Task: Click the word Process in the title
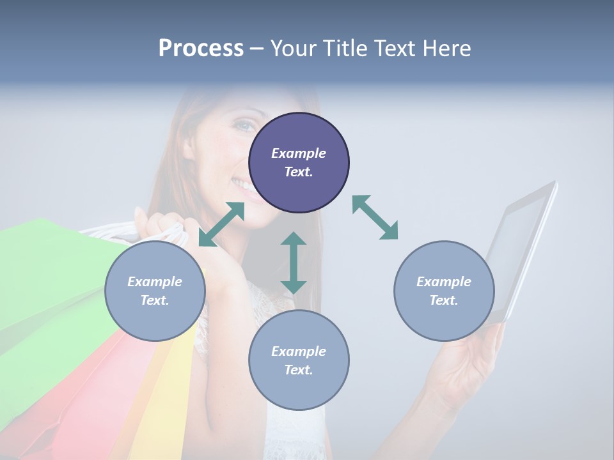coord(201,49)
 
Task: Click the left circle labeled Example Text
coord(155,291)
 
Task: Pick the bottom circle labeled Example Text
coord(299,360)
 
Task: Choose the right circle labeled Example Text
coord(444,291)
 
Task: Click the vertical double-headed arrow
coord(294,263)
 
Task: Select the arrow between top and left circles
coord(221,224)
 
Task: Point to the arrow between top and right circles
coord(375,217)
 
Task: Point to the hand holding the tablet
coord(467,364)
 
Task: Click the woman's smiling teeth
coord(243,185)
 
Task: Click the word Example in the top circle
coord(299,153)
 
